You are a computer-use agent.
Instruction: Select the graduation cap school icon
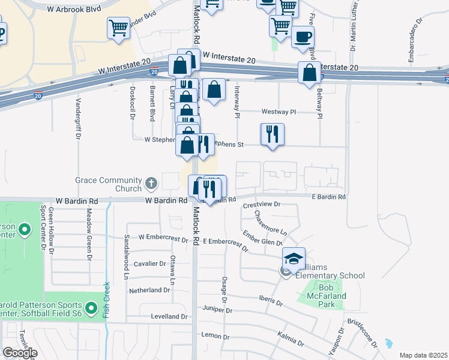(294, 259)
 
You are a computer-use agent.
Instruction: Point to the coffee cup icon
(303, 37)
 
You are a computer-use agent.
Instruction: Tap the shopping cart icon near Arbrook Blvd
(119, 28)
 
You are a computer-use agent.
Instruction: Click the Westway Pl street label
(279, 112)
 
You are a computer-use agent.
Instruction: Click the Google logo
(20, 353)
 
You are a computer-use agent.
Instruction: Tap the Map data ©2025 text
(423, 355)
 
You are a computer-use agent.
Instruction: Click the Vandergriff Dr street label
(77, 118)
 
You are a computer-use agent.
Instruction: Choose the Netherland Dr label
(149, 290)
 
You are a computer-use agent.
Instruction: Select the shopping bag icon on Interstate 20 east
(310, 73)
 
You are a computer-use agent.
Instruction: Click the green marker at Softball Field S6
(91, 308)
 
